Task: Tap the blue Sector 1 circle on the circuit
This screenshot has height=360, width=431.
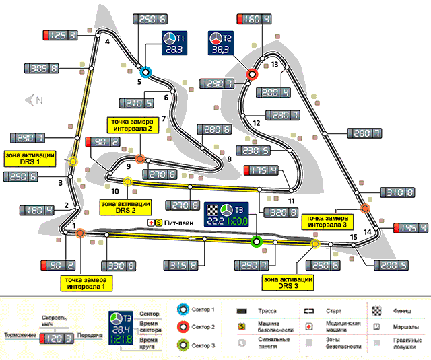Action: (x=146, y=71)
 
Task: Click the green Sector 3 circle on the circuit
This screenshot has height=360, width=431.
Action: (x=256, y=241)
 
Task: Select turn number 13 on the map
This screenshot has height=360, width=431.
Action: (x=275, y=65)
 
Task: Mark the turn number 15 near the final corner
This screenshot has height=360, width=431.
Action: (x=354, y=238)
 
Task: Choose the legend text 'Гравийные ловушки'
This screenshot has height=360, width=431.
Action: (x=404, y=346)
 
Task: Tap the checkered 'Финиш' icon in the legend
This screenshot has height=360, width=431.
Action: (x=375, y=310)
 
